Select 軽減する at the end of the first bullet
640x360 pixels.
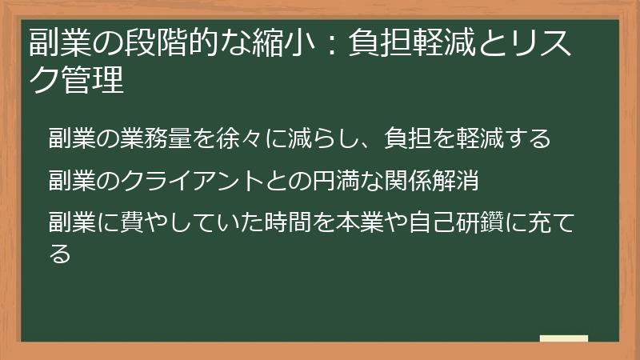[504, 138]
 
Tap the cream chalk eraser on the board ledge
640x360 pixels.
[563, 339]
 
